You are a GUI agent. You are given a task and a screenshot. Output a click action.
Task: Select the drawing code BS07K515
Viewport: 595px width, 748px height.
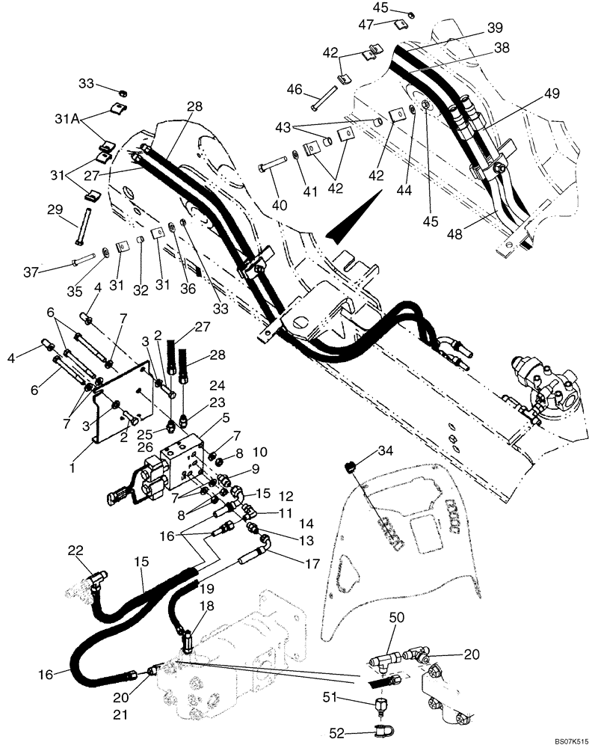[x=571, y=741]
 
